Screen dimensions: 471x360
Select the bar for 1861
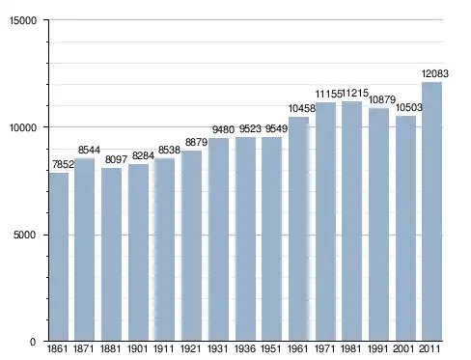click(59, 257)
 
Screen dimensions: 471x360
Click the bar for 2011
click(431, 211)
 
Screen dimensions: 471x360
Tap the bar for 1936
click(245, 238)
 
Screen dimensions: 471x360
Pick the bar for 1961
click(298, 229)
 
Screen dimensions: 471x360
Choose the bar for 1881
click(111, 254)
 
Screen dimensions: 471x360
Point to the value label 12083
click(435, 73)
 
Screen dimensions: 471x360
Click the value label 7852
click(63, 164)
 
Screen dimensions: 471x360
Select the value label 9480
click(223, 129)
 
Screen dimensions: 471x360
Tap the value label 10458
click(302, 108)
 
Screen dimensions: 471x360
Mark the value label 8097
click(116, 159)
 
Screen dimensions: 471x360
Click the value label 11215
click(355, 93)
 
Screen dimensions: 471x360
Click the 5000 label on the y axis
click(25, 235)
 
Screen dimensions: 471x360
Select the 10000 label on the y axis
click(23, 127)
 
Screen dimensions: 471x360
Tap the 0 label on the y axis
click(33, 342)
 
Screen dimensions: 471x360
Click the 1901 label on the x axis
click(137, 348)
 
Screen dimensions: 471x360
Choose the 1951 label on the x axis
click(271, 348)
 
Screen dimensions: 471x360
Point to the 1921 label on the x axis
click(191, 348)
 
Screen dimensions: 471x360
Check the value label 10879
click(382, 99)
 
